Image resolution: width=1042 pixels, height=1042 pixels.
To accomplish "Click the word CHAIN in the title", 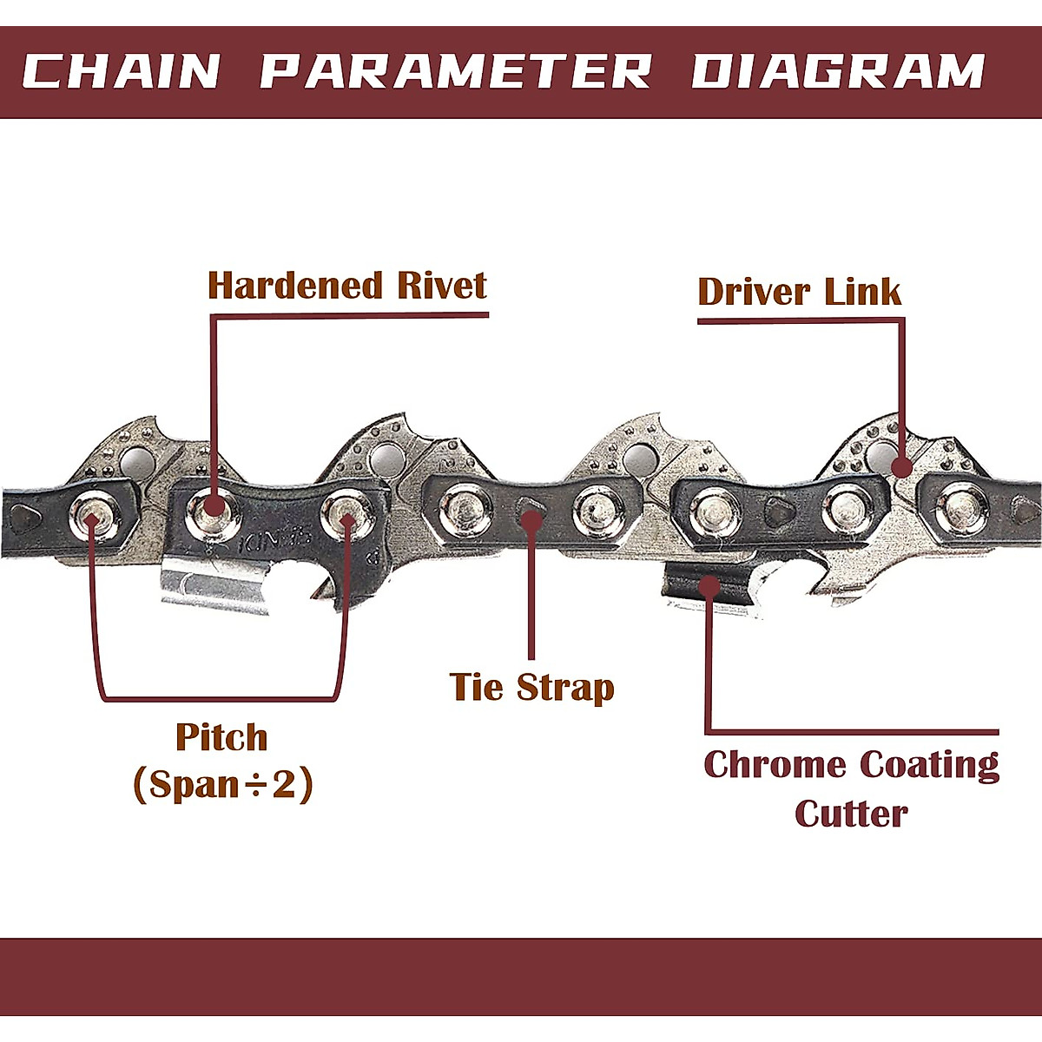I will coord(122,72).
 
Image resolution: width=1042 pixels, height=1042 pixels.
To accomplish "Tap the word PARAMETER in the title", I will coord(456,72).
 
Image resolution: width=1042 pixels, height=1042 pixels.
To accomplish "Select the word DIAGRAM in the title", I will coord(838,72).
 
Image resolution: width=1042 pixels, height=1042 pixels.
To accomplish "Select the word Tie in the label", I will coord(477,687).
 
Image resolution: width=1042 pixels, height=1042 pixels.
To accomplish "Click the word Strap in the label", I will coord(566,688).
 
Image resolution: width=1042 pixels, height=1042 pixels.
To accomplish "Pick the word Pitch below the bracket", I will coord(221,738).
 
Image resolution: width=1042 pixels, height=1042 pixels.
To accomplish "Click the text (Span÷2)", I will coord(222,785).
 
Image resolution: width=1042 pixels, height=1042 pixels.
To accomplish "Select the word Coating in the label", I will coord(928,766).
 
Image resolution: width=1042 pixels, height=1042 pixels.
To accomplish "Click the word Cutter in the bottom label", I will coord(851,814).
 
